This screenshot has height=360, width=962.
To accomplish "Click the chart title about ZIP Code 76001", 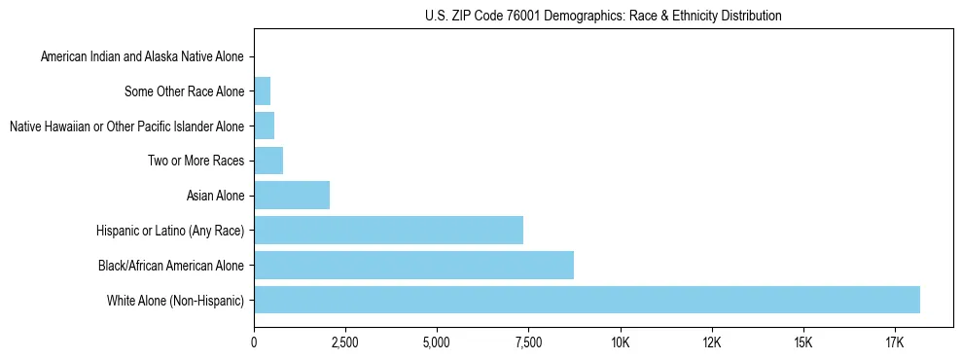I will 603,16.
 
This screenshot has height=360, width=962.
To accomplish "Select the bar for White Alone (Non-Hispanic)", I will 587,300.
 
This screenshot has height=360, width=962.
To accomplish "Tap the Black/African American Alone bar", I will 413,265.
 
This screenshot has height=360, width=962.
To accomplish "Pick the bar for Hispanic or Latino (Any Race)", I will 388,230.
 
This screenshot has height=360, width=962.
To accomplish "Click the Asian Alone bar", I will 292,196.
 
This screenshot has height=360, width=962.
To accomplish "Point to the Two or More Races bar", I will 268,161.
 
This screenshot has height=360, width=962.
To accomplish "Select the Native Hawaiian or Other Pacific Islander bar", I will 264,126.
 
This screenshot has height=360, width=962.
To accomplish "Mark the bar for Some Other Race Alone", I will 262,91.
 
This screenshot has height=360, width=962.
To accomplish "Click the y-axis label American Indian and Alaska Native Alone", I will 142,57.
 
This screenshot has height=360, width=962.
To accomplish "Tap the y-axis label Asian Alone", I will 215,197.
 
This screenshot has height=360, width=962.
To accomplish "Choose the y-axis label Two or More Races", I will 196,162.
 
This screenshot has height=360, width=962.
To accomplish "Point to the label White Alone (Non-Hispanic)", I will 176,301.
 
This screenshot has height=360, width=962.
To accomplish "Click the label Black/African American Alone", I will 171,266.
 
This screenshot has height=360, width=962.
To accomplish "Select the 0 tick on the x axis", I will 254,342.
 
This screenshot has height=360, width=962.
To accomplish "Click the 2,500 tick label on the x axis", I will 345,342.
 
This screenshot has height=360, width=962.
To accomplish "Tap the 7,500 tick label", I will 528,342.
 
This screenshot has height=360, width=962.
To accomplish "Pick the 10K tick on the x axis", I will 620,342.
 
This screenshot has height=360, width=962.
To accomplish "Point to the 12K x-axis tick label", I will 711,342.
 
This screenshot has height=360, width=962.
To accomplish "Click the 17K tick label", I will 894,342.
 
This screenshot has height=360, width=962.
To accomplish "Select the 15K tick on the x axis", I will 802,342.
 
